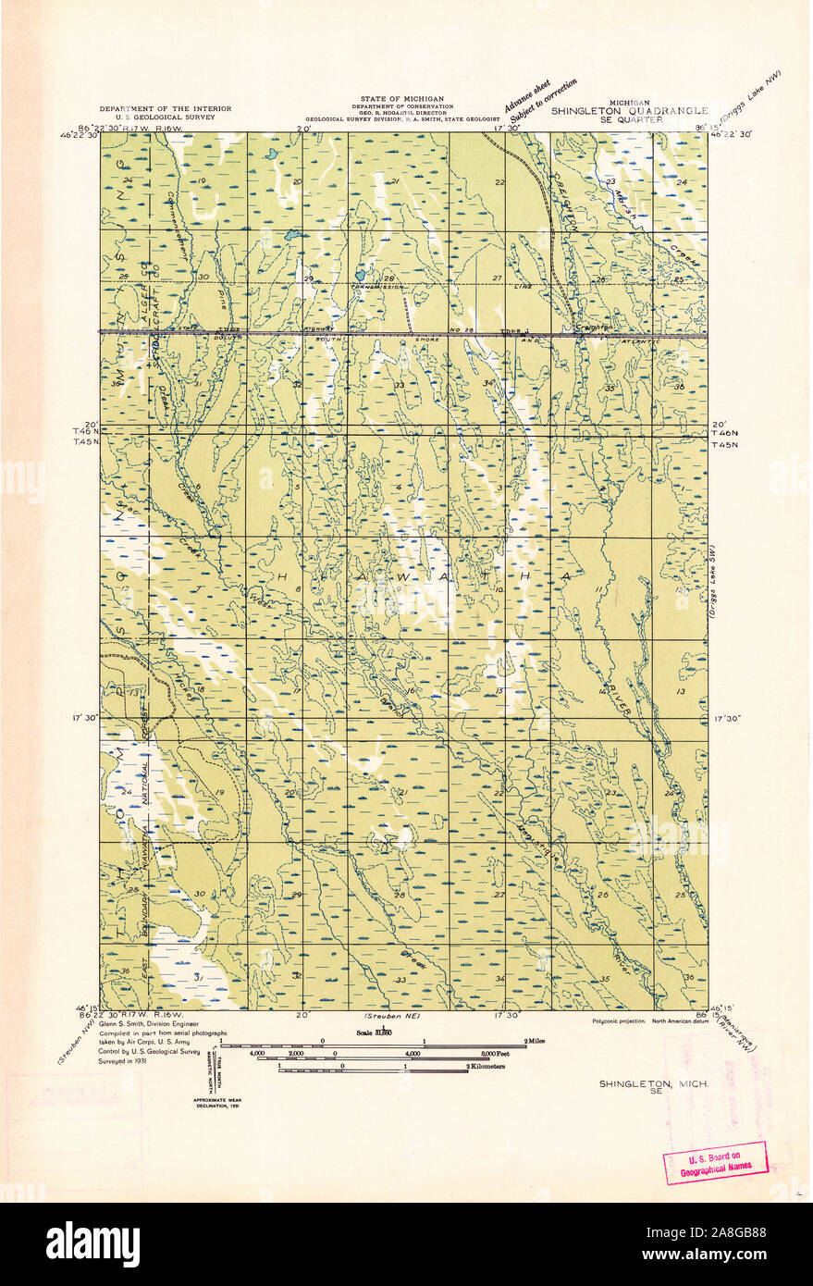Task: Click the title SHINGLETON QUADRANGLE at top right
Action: tap(629, 109)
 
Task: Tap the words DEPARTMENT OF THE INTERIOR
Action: tap(166, 108)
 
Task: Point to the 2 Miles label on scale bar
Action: tap(533, 1041)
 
